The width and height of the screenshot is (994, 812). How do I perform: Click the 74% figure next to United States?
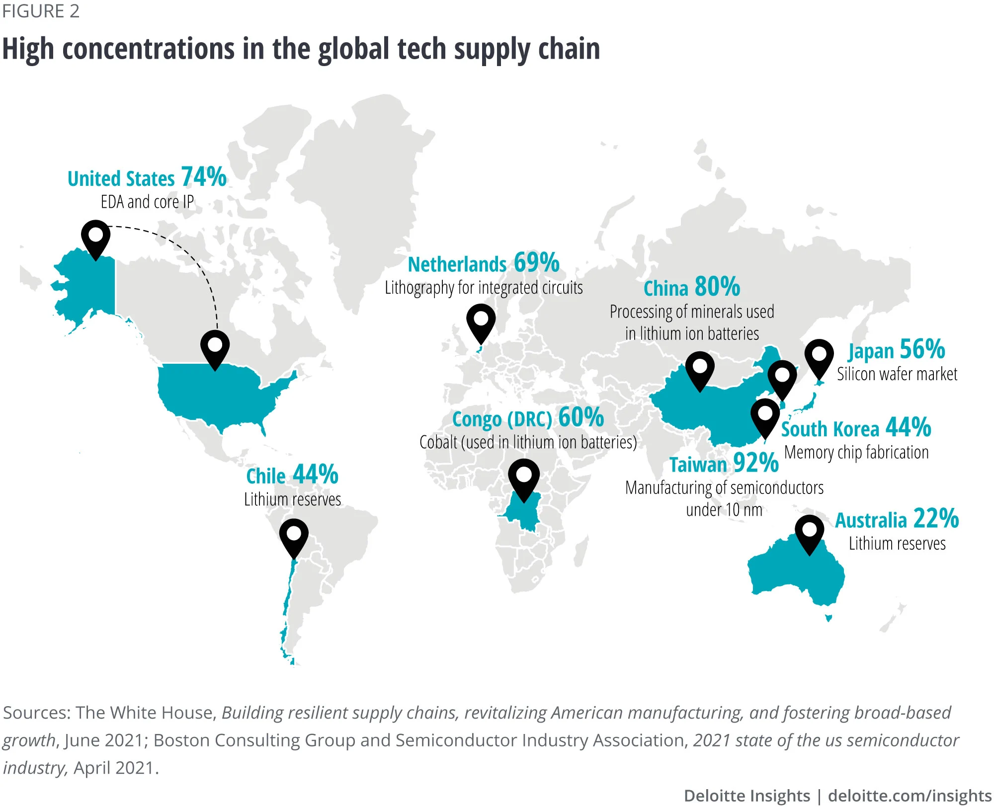click(x=204, y=177)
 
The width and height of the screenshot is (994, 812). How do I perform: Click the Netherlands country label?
click(x=457, y=264)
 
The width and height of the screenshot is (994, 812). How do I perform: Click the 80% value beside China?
click(x=717, y=287)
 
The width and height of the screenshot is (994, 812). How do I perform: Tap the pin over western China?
click(x=700, y=369)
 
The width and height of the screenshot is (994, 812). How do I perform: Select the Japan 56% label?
click(x=897, y=349)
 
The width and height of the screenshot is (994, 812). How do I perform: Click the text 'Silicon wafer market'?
click(x=897, y=374)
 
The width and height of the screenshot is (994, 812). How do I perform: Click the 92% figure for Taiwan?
click(x=755, y=463)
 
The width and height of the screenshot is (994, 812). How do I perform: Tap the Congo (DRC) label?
click(x=501, y=419)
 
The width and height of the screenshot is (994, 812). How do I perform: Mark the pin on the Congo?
click(x=524, y=477)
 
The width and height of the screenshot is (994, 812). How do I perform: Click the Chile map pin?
click(x=294, y=536)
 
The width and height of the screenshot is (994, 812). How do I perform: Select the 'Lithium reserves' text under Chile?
click(x=292, y=499)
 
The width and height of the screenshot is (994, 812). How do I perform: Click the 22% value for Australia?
click(x=936, y=519)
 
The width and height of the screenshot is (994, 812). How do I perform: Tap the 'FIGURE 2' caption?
click(x=41, y=11)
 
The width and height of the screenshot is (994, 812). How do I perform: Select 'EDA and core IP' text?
click(x=147, y=202)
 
